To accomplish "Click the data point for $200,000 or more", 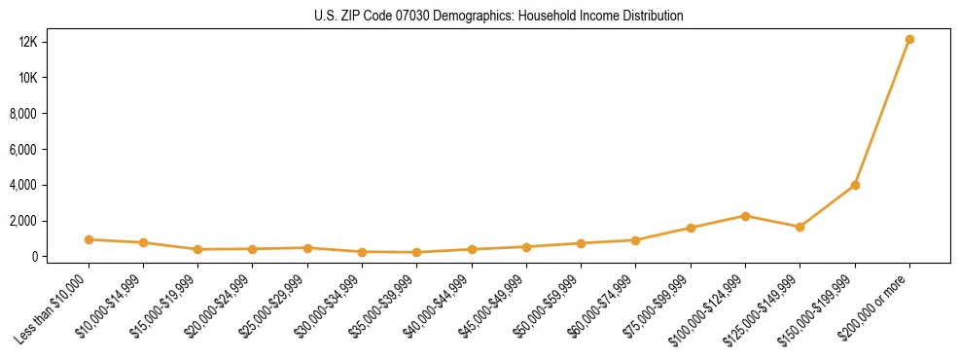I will (x=909, y=40).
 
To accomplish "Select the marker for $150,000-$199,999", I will (x=855, y=185).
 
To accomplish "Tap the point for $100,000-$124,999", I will (x=745, y=216).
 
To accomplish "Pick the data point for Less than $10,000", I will (x=89, y=239).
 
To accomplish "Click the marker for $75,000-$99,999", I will (x=691, y=228).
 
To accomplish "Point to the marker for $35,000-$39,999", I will (x=416, y=252).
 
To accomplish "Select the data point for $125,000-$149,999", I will (x=800, y=227).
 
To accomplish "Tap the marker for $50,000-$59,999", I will (x=581, y=243).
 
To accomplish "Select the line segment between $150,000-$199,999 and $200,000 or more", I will (x=882, y=112).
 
